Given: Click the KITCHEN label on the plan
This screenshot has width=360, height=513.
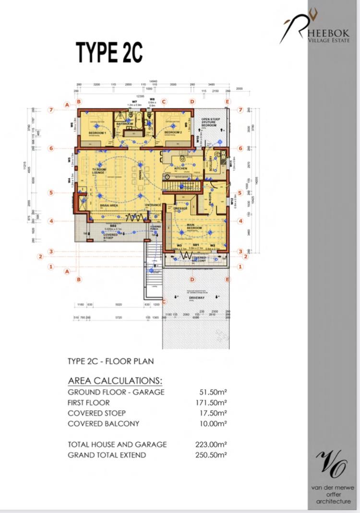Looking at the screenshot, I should (x=180, y=169).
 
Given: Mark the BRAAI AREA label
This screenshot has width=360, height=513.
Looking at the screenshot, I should (x=96, y=205).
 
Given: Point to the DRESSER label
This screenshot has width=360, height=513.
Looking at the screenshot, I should (x=181, y=209).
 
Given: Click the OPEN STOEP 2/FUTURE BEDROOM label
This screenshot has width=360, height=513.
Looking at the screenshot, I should (x=209, y=122).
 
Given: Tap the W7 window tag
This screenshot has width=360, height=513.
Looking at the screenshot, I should (x=135, y=102).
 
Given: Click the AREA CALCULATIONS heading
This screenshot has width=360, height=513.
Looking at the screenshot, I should (x=115, y=381).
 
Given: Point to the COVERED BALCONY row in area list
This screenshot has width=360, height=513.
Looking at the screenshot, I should (x=104, y=424).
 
